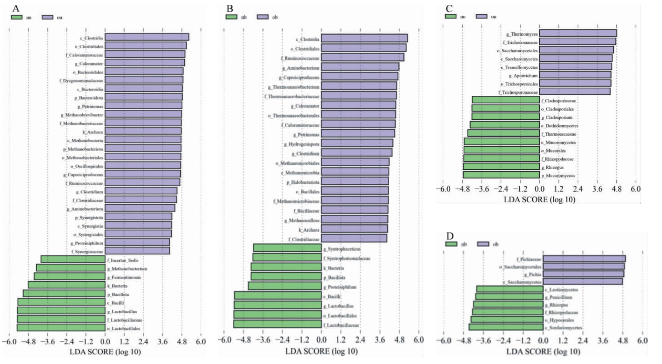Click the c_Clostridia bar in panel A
tap(147, 37)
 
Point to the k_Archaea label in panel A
tap(93, 132)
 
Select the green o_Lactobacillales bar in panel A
tap(61, 328)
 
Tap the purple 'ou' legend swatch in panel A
tap(47, 17)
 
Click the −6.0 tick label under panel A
tap(9, 342)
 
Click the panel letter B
tap(230, 9)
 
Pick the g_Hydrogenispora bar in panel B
tap(357, 143)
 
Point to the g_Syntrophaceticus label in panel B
tap(342, 249)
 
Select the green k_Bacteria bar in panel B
tap(286, 267)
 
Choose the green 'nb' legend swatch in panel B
tap(231, 17)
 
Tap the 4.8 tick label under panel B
tap(399, 340)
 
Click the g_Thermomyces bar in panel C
tap(578, 33)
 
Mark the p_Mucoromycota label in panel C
tap(558, 176)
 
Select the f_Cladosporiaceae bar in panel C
tap(506, 100)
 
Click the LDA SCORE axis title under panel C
tap(539, 199)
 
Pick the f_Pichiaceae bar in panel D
tap(584, 259)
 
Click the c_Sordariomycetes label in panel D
tap(563, 328)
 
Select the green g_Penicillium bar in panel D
tap(509, 297)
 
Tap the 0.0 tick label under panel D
tap(543, 341)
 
